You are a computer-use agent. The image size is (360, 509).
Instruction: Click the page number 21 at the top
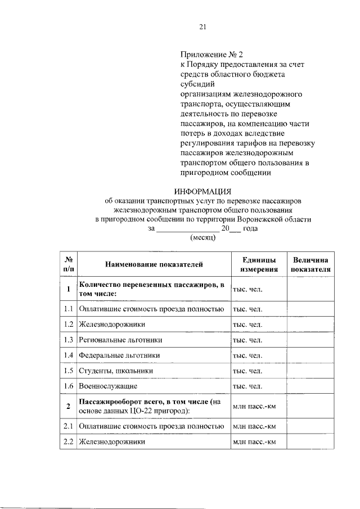point(203,26)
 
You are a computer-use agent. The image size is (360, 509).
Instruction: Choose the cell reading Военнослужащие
point(108,386)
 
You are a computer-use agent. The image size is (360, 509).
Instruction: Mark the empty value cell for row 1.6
point(311,386)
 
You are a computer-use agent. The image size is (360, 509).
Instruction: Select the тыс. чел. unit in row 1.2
point(247,325)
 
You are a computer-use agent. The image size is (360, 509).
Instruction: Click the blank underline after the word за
point(187,229)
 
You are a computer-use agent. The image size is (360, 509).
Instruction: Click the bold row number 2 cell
point(68,407)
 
